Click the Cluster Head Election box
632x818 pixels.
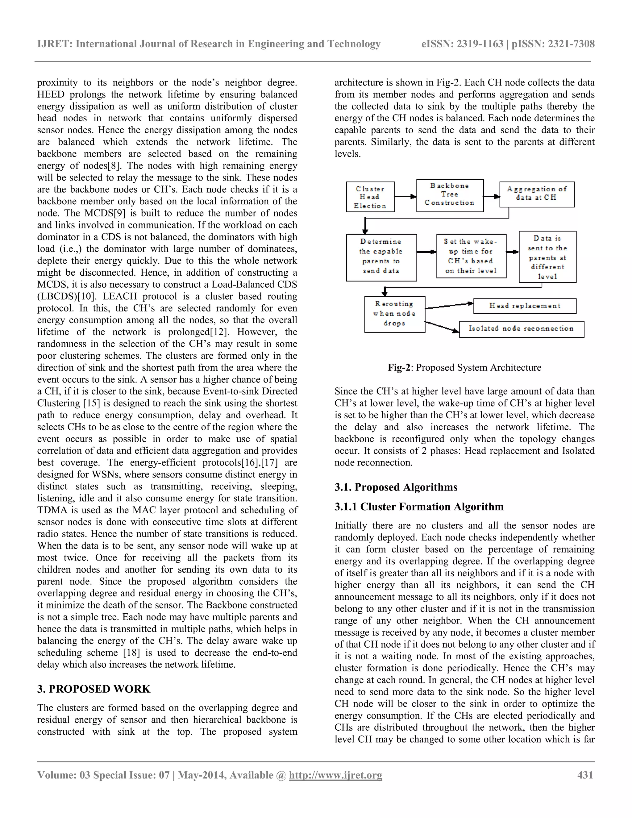click(370, 197)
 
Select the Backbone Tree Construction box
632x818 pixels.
click(450, 195)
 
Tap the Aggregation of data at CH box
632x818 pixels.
click(537, 194)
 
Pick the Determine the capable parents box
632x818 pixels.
click(381, 257)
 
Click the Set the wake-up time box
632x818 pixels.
click(471, 256)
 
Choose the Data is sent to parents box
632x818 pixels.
click(547, 257)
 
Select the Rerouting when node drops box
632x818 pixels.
click(395, 314)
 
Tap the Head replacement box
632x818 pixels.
click(525, 306)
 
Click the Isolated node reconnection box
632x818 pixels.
click(521, 329)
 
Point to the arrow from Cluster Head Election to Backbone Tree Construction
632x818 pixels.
click(405, 196)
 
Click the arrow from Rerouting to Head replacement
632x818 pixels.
click(449, 306)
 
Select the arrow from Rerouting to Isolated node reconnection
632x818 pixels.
click(442, 326)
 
